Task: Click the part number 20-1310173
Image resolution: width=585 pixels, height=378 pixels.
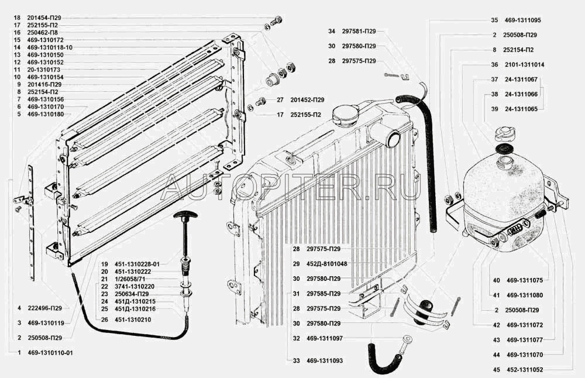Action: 44,69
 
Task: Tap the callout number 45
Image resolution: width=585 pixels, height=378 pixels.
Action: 495,370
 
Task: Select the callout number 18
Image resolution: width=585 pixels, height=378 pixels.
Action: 16,18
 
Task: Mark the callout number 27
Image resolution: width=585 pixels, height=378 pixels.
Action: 280,99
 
